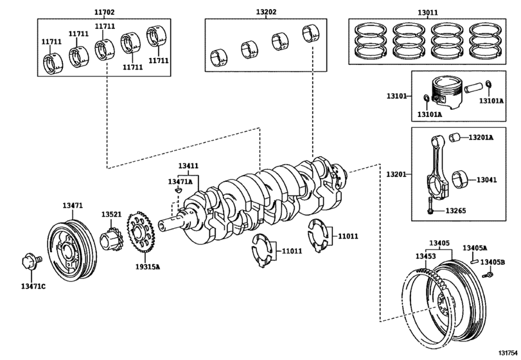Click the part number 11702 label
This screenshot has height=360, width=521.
click(x=104, y=12)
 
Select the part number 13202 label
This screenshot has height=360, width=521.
click(x=266, y=12)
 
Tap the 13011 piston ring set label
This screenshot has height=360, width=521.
click(x=427, y=12)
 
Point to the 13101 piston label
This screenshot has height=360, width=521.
click(x=396, y=96)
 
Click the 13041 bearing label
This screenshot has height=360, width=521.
click(x=486, y=180)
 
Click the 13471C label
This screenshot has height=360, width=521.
click(x=33, y=285)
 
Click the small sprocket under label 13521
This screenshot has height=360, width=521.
click(x=111, y=242)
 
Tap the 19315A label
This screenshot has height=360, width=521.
click(x=148, y=266)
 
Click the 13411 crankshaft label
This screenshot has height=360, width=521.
click(x=188, y=166)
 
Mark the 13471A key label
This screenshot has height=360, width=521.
click(x=181, y=182)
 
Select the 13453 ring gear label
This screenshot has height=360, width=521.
click(x=425, y=256)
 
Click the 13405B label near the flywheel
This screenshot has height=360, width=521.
click(x=493, y=262)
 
